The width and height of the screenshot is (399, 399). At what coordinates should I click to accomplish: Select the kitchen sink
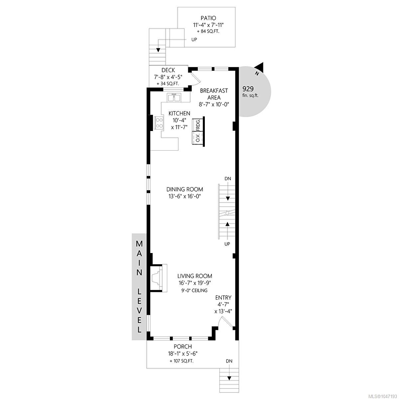[x=174, y=97]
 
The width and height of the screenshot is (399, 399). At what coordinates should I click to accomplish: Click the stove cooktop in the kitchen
[x=159, y=123]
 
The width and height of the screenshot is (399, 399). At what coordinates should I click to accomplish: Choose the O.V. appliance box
[x=197, y=138]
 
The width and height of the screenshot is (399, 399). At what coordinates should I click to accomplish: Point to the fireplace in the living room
[x=158, y=278]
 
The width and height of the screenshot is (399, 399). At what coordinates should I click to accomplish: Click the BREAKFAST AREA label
[x=214, y=94]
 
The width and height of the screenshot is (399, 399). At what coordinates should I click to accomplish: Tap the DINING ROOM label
[x=185, y=189]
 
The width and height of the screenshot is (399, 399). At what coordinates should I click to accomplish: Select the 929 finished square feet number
[x=248, y=89]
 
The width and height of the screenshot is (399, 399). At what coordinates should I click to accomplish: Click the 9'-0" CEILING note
[x=195, y=291]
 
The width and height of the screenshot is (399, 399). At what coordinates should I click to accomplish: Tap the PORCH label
[x=183, y=346]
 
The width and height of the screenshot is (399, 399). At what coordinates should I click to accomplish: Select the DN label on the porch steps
[x=229, y=367]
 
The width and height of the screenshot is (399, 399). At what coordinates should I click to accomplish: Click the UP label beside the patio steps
[x=194, y=39]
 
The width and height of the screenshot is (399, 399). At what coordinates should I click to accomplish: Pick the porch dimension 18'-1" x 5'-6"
[x=183, y=353]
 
